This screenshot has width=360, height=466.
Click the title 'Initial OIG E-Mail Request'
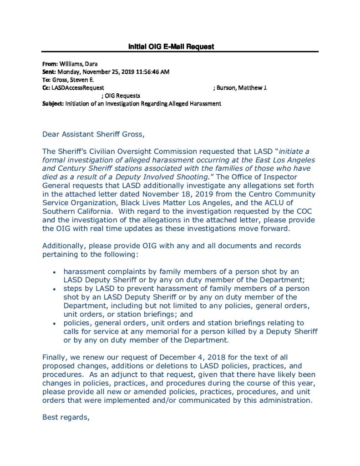[171, 46]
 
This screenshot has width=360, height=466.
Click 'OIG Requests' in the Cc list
[123, 96]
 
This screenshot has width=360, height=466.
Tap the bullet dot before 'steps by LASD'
[55, 289]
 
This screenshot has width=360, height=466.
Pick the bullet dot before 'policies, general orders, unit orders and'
[55, 323]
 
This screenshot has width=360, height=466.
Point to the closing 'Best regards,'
[66, 417]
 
